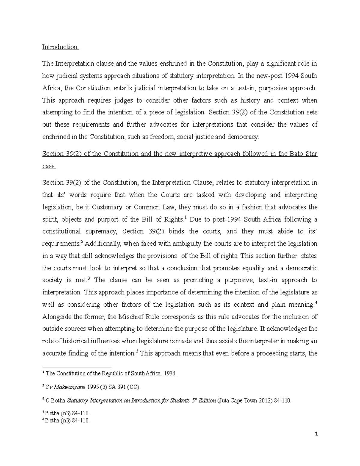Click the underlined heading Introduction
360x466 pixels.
(59, 47)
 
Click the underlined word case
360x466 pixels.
(48, 166)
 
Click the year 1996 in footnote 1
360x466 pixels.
(171, 374)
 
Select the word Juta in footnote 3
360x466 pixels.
(223, 401)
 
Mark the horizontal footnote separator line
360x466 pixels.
(77, 367)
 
